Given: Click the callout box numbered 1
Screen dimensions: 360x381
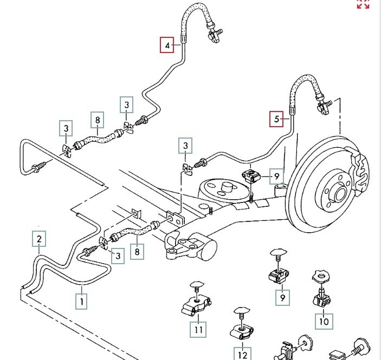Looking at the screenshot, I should pos(82,299).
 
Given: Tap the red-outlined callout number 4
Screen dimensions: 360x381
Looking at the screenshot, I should pos(167,44).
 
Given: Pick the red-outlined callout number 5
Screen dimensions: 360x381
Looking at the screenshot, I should pos(277,119).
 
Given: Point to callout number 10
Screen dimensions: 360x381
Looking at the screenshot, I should pos(324,321).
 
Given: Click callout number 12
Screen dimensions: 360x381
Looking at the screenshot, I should pos(242,355).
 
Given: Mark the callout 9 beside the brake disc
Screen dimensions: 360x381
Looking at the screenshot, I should pos(276,176).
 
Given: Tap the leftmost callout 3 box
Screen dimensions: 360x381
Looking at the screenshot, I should pos(66,129).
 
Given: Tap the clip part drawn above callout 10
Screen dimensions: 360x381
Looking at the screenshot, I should pos(321,290).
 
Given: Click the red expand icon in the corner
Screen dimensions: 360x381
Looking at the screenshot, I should pos(363,4).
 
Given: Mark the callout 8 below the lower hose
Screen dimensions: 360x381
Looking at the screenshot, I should pos(138,252).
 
